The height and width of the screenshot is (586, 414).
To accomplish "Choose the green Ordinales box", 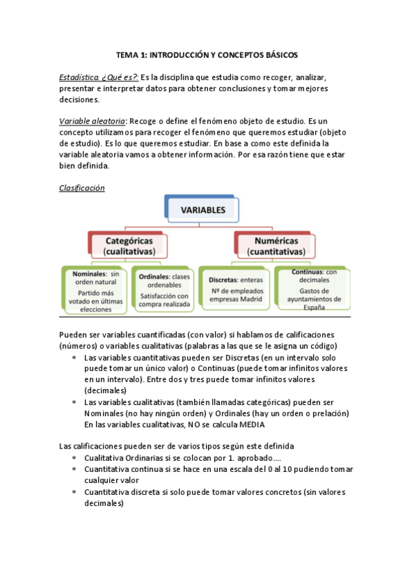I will tap(163, 291).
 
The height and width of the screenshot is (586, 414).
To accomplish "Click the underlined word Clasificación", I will tap(82, 187).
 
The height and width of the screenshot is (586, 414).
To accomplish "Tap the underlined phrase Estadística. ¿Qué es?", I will tap(99, 77).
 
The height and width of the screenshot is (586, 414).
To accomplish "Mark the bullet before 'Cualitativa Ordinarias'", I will tap(74, 458).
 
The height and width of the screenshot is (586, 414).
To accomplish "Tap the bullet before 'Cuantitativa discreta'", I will tap(74, 491).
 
